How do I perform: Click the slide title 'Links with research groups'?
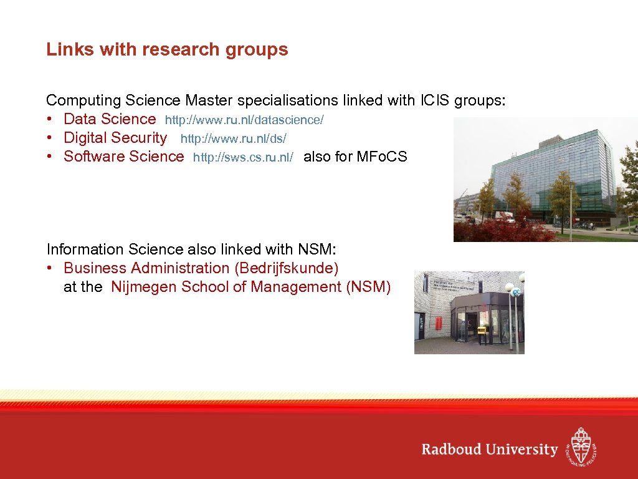click(167, 49)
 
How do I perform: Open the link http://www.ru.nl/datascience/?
click(244, 119)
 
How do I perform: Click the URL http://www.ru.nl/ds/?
click(233, 138)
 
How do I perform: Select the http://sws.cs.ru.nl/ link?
click(243, 157)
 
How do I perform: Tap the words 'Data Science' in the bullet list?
click(110, 119)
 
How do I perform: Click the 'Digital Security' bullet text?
click(115, 138)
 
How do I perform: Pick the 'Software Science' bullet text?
click(124, 157)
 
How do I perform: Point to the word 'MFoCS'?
click(381, 157)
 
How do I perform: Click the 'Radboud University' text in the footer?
click(489, 449)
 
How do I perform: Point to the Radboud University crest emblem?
click(581, 447)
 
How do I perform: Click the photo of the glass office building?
click(545, 179)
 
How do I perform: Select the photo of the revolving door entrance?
click(469, 312)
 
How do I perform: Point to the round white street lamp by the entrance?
click(509, 288)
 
